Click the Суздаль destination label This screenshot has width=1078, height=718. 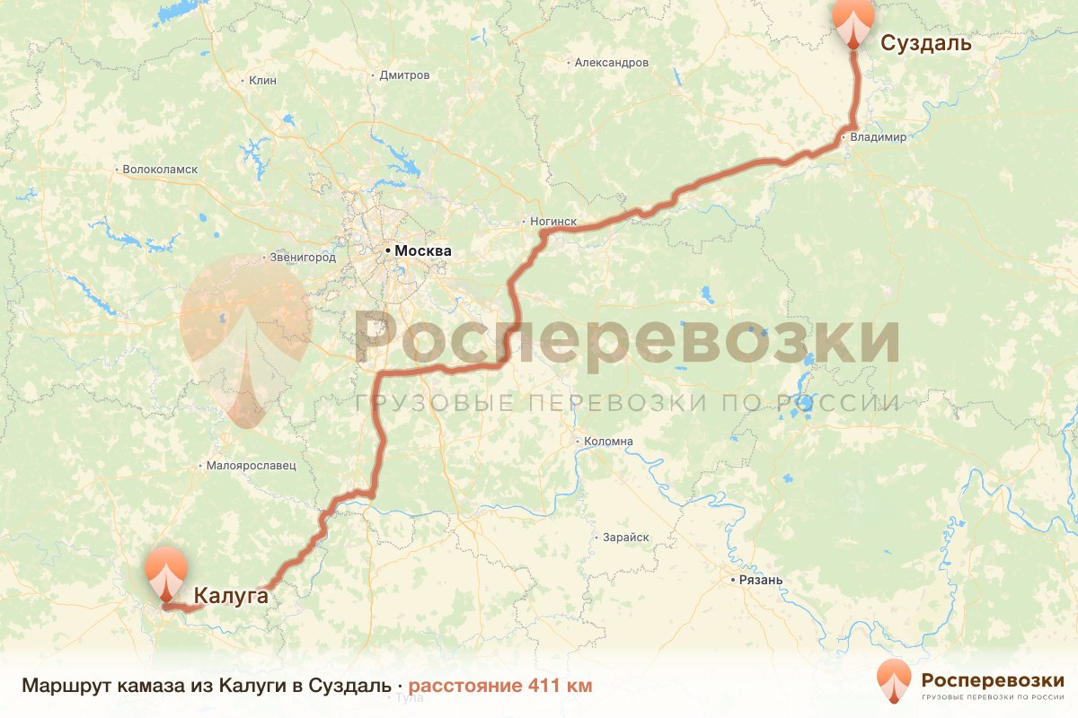(x=926, y=43)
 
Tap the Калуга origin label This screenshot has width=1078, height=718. (x=231, y=594)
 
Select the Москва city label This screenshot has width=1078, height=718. (x=423, y=251)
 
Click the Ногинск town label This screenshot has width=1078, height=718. (x=552, y=222)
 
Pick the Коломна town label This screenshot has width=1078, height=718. (x=608, y=442)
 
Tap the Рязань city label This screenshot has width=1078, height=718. (x=761, y=580)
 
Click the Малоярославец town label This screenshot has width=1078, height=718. (x=251, y=466)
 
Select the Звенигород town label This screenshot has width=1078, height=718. (x=303, y=258)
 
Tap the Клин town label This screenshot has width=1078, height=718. (x=262, y=80)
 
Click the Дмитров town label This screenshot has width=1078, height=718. (x=404, y=75)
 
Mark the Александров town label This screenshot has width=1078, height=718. (x=611, y=63)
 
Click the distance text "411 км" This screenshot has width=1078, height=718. (x=560, y=687)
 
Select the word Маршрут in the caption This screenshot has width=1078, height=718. (x=61, y=687)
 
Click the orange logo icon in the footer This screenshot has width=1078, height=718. (x=894, y=681)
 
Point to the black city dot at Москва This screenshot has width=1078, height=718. (x=389, y=251)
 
